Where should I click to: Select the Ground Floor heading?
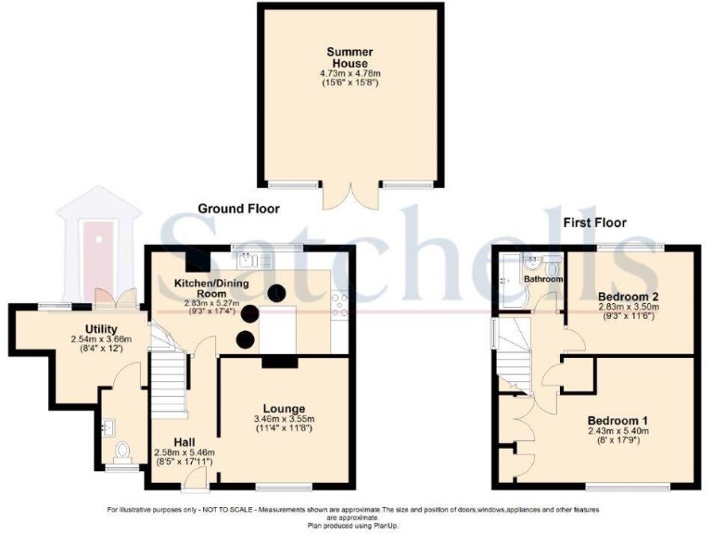237,210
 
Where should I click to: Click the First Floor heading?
594,222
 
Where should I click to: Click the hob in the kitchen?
340,307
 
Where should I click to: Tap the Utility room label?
100,328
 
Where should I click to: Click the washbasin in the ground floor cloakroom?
108,427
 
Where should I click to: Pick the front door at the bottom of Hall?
195,479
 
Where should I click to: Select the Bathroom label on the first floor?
543,278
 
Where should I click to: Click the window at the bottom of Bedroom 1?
627,486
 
